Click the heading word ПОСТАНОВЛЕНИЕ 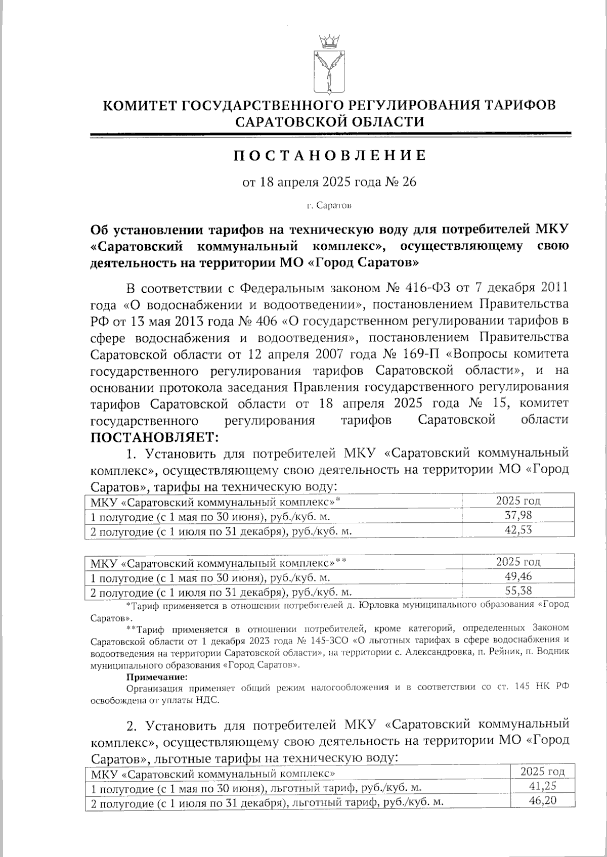tap(329, 156)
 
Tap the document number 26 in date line tap(409, 182)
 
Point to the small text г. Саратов tap(329, 206)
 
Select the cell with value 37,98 tap(518, 516)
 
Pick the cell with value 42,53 tap(518, 530)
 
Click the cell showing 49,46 tap(518, 576)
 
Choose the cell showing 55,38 tap(518, 591)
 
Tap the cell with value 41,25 tap(542, 787)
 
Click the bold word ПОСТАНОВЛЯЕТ tap(153, 435)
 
